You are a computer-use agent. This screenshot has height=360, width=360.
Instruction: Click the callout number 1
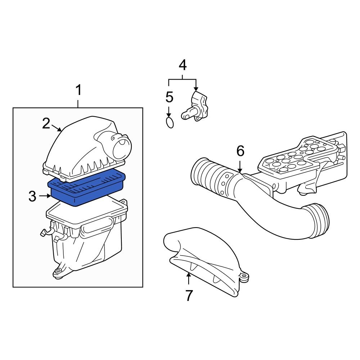click(x=78, y=90)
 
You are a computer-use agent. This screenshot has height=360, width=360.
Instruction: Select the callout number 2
click(x=46, y=123)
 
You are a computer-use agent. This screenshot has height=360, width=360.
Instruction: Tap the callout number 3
click(x=32, y=197)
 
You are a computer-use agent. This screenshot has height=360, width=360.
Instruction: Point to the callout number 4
click(x=183, y=65)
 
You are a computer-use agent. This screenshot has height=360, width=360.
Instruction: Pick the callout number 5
click(x=169, y=97)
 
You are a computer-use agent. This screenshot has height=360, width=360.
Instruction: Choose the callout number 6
click(x=240, y=151)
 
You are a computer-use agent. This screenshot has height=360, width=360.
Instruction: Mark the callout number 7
click(x=189, y=295)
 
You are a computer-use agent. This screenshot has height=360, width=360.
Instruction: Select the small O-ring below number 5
click(x=170, y=122)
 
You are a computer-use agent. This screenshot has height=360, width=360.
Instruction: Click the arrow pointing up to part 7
click(x=188, y=279)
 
